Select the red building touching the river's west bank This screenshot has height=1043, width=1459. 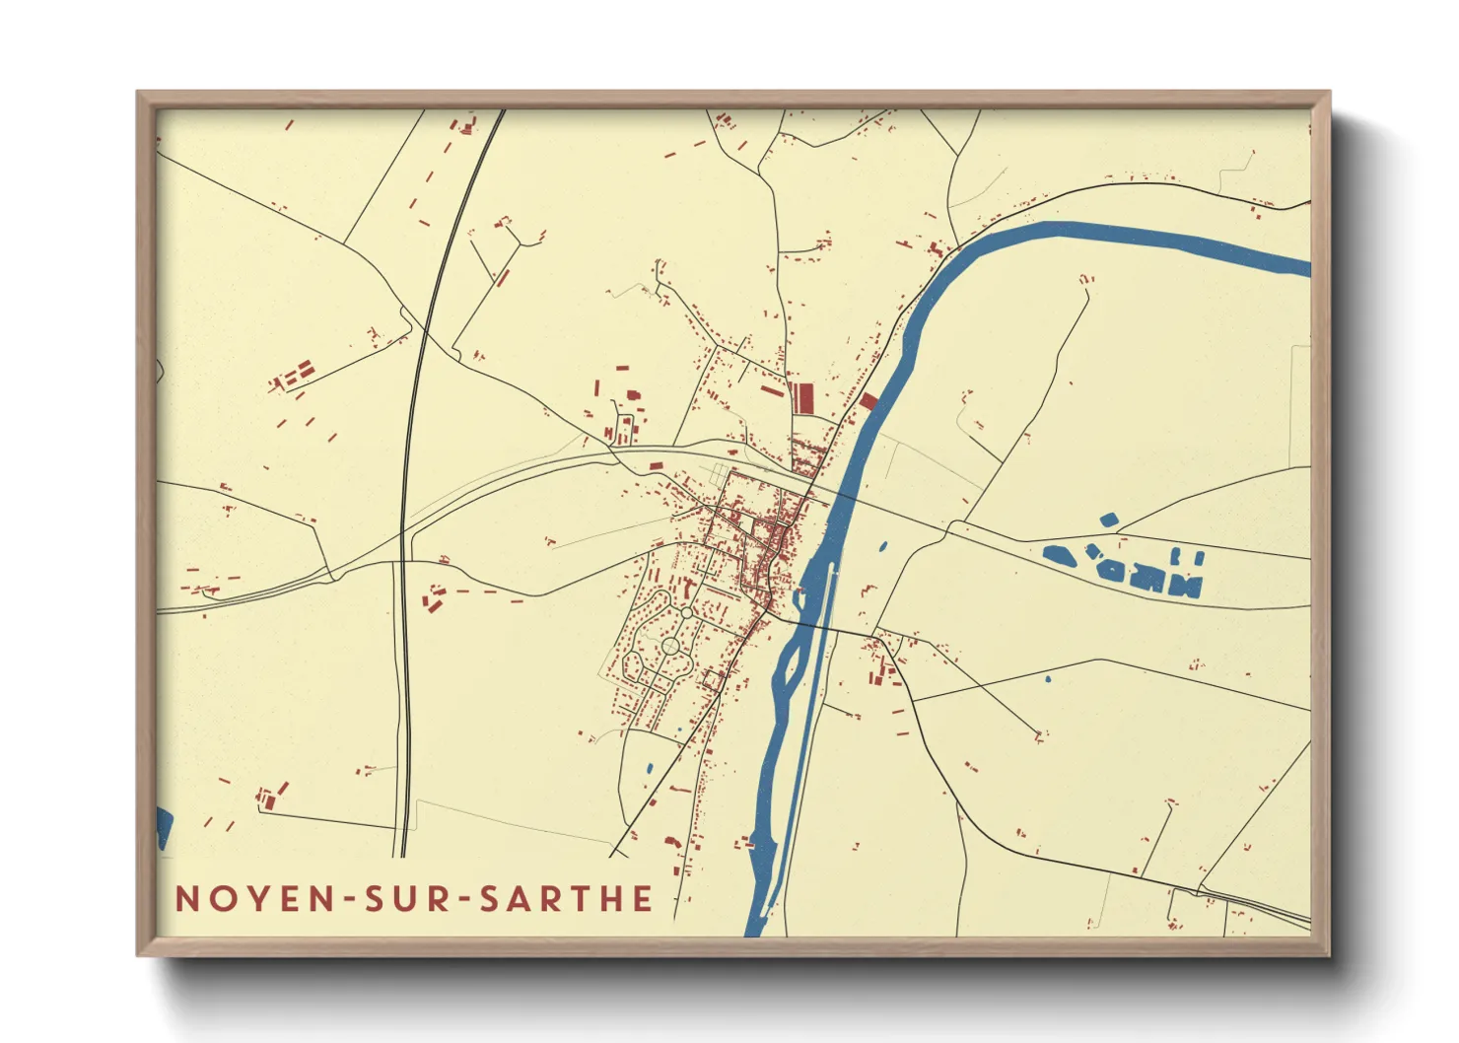coord(868,401)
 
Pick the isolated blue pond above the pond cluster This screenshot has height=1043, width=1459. coord(1108,520)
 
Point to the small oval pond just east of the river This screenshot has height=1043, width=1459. coord(881,545)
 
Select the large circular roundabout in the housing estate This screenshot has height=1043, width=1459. coord(670,646)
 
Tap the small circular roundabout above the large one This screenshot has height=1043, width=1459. coord(686,612)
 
